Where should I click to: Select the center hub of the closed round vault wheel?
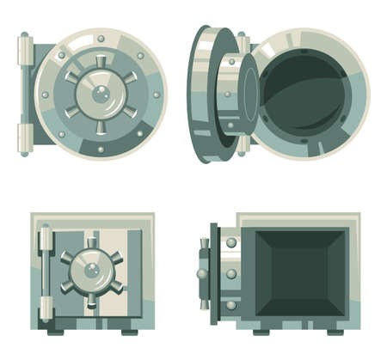click(x=101, y=95)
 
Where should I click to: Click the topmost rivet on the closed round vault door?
click(x=101, y=39)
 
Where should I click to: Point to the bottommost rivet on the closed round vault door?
click(x=101, y=149)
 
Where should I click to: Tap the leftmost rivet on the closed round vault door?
click(x=45, y=95)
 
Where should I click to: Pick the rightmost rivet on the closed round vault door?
click(x=156, y=95)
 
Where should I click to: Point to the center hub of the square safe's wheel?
click(x=91, y=270)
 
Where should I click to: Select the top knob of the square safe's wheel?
click(x=91, y=242)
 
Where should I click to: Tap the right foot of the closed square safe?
click(x=129, y=331)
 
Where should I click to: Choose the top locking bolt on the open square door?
click(x=231, y=244)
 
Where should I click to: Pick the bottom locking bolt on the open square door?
click(x=231, y=304)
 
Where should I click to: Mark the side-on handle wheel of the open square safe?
click(x=203, y=274)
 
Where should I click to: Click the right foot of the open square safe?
click(x=335, y=331)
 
